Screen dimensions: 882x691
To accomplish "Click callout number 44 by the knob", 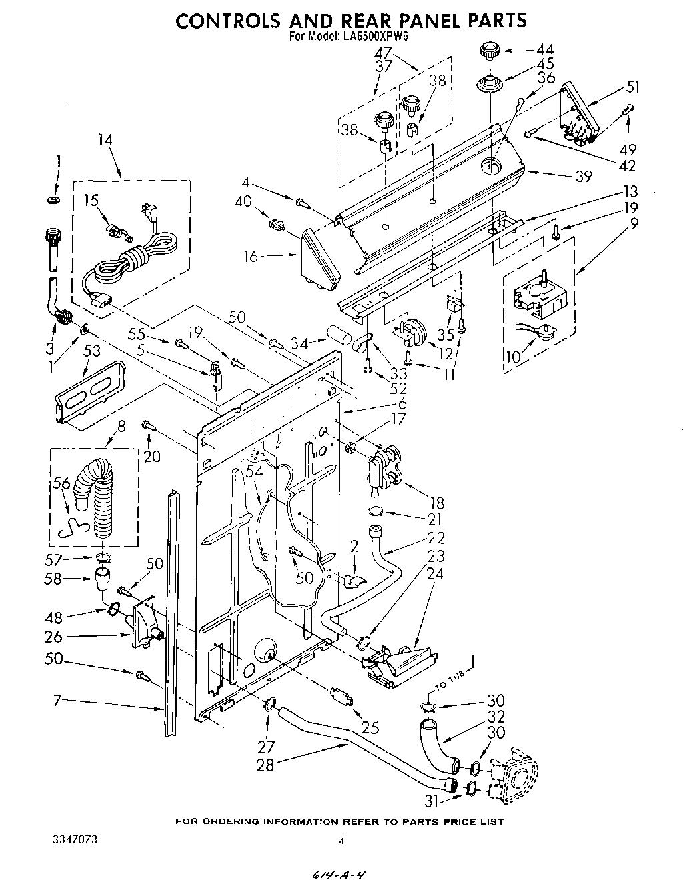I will point(545,49).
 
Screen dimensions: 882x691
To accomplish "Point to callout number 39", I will point(583,177).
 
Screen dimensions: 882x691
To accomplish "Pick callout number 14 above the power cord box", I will point(105,140).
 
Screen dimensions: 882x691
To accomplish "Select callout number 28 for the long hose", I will point(265,765).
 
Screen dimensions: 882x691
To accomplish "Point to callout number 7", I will point(57,701).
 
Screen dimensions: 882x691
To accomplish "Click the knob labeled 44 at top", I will point(489,52).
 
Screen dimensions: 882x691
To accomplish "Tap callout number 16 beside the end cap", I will point(251,256).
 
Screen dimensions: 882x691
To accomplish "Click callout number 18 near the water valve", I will point(437,503).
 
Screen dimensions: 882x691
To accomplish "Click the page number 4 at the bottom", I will point(341,842).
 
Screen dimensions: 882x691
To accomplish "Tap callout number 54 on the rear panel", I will point(254,471).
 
